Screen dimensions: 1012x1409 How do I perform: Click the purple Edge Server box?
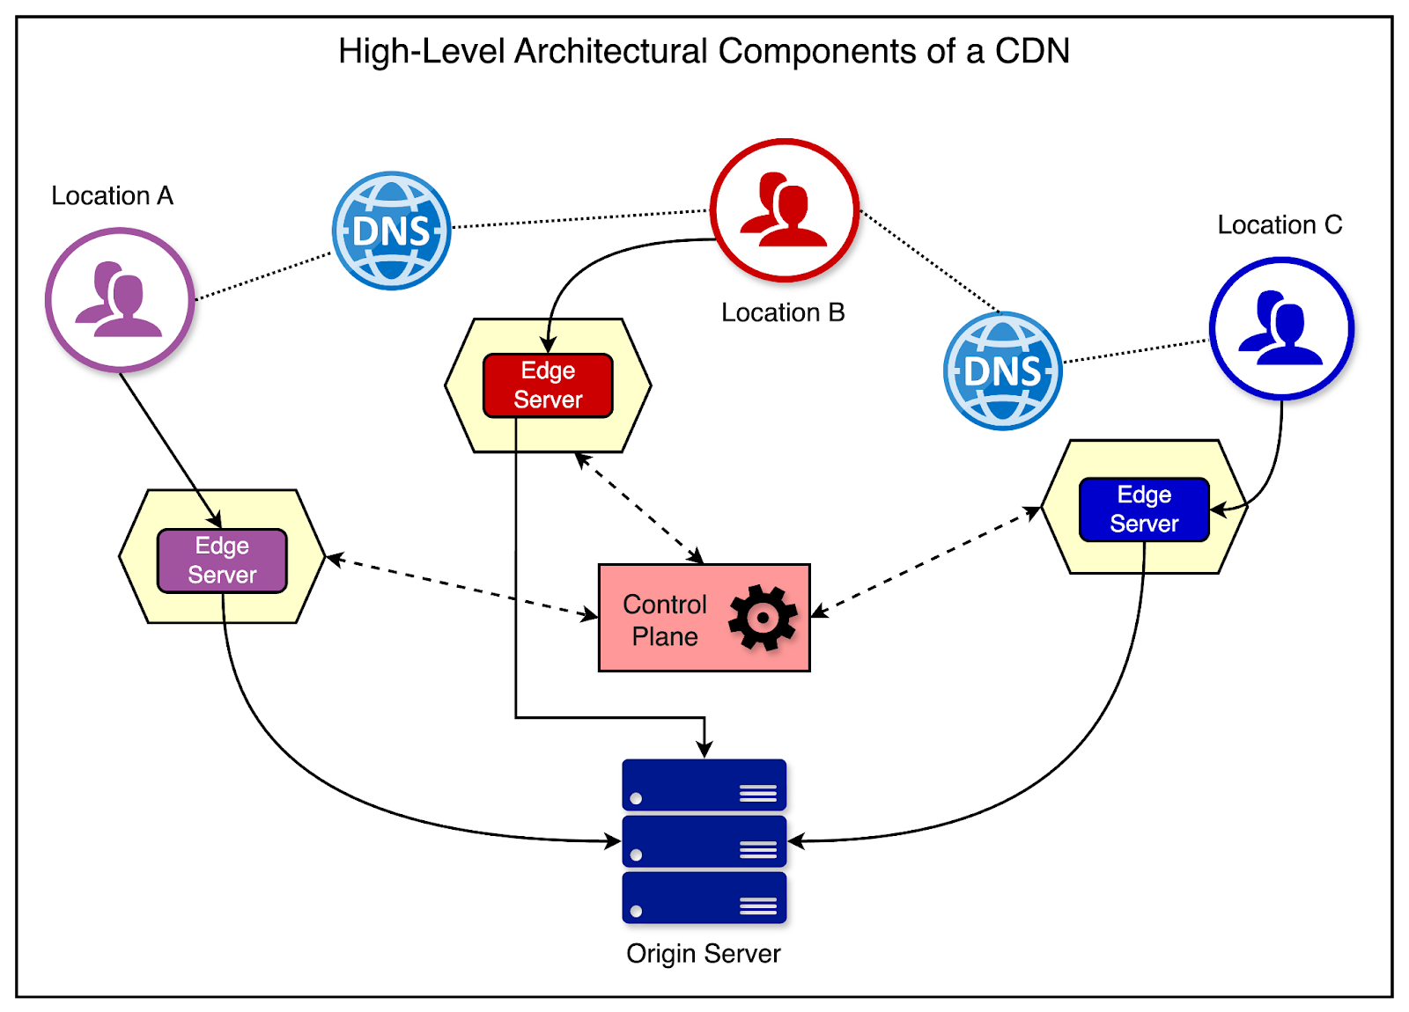(222, 561)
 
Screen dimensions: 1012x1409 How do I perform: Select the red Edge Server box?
(548, 385)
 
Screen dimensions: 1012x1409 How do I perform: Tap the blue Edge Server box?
(1144, 510)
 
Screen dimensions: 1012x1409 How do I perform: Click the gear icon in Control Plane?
(762, 618)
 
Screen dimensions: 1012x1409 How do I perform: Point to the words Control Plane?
(665, 620)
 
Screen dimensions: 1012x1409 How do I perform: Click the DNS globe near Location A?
(392, 231)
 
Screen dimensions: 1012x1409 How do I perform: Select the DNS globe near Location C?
(1002, 370)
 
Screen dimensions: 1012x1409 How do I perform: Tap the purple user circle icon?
(120, 300)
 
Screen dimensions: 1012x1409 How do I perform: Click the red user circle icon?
(785, 210)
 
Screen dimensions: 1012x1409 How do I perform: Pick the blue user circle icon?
(1281, 328)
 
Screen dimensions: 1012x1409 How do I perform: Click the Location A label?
(112, 195)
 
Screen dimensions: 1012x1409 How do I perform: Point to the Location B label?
(783, 312)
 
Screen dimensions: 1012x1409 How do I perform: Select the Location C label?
(1280, 225)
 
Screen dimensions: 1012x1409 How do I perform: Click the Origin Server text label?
(703, 954)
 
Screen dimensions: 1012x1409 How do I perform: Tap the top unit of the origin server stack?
(704, 785)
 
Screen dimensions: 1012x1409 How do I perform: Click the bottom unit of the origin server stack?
(704, 898)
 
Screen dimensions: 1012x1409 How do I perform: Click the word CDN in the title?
(1032, 51)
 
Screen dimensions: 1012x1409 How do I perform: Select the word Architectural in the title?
(611, 51)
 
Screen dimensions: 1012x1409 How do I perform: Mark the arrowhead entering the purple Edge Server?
(216, 522)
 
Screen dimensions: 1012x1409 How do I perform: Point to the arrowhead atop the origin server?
(704, 750)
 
